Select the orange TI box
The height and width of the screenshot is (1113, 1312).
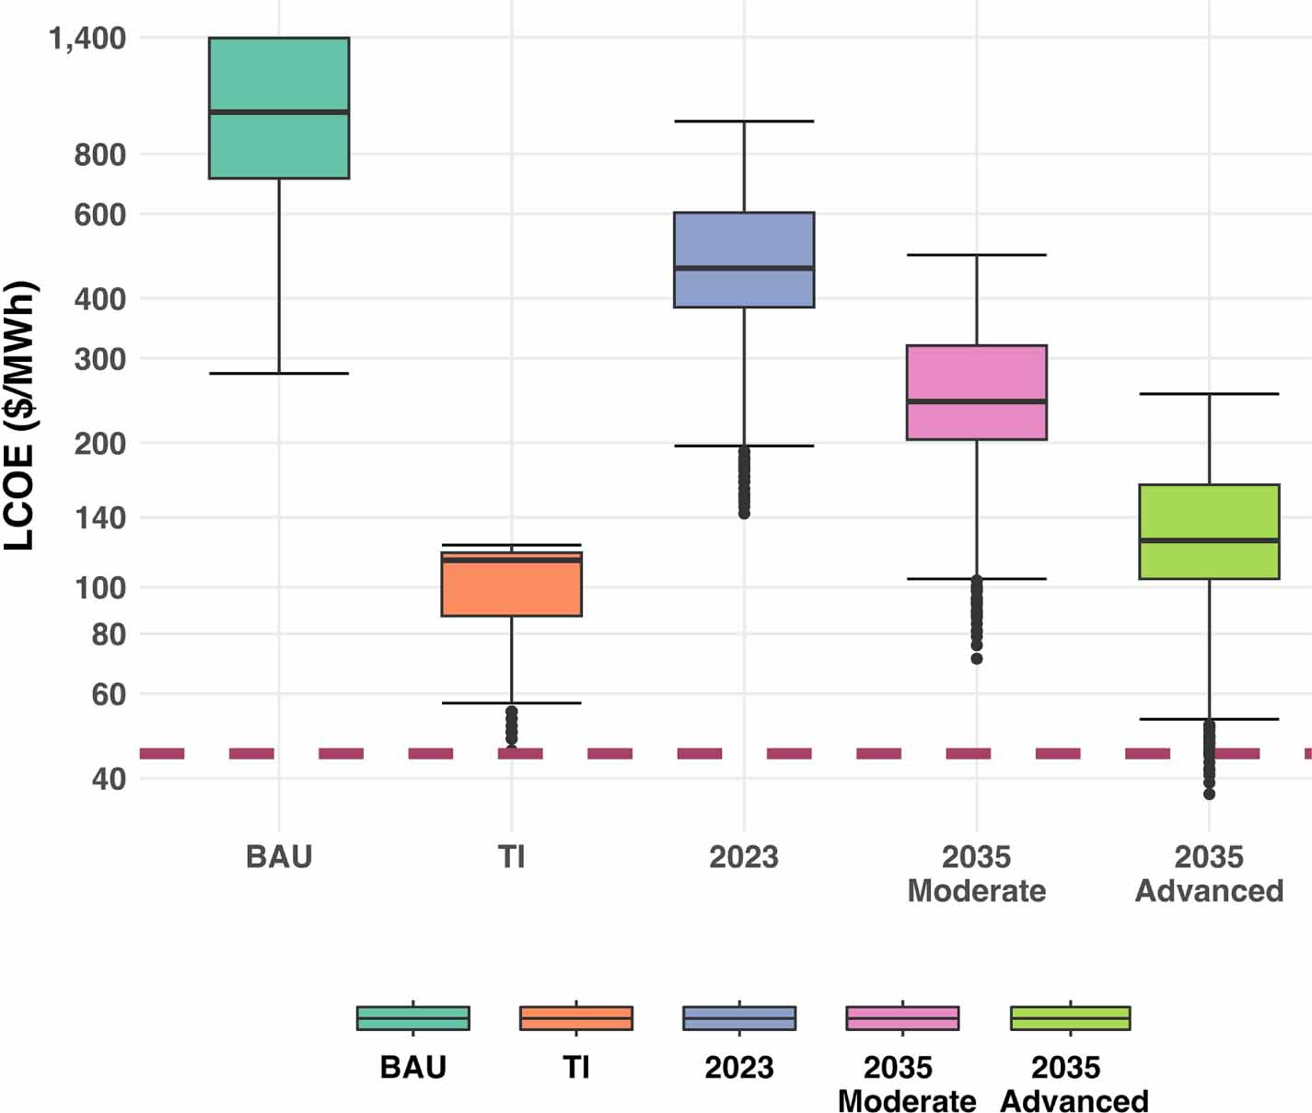coord(511,589)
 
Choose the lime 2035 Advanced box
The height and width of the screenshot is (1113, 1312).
coord(1209,512)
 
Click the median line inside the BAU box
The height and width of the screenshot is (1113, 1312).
coord(279,112)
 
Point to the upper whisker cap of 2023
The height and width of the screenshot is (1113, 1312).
coord(744,122)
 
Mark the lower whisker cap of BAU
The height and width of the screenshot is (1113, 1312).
coord(279,374)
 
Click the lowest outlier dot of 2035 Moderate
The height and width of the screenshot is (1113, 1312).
coord(977,658)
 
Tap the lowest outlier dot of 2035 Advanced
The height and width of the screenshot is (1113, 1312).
coord(1209,794)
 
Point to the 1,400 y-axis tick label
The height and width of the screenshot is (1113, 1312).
coord(87,39)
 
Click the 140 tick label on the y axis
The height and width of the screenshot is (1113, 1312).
coord(99,517)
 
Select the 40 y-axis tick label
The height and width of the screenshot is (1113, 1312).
coord(109,779)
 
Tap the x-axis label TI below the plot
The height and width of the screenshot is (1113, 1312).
coord(511,857)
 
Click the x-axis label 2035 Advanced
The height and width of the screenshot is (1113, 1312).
coord(1209,874)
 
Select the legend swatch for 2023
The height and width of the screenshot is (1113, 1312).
coord(739,1018)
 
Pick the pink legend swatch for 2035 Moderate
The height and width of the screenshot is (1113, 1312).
coord(902,1018)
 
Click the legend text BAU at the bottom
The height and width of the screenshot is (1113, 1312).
coord(413,1068)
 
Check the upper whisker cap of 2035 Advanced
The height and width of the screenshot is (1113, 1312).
coord(1209,394)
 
